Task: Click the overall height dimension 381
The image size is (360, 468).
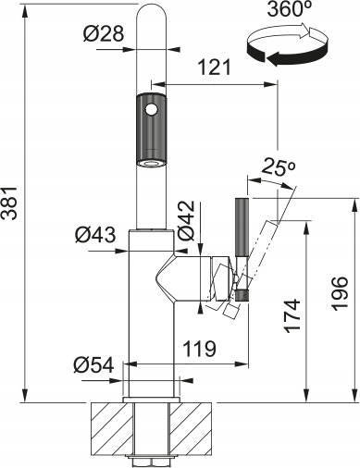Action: pos(10,203)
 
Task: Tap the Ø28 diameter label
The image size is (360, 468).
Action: pos(104,33)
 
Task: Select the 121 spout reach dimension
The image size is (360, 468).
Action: pos(214,68)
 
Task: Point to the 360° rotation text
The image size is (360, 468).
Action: pos(286,9)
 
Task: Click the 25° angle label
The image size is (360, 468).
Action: pos(279,168)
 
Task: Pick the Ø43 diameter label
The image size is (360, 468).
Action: pos(95,235)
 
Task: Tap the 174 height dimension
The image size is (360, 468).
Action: pos(292,315)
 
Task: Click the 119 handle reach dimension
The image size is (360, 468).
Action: pos(200,349)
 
